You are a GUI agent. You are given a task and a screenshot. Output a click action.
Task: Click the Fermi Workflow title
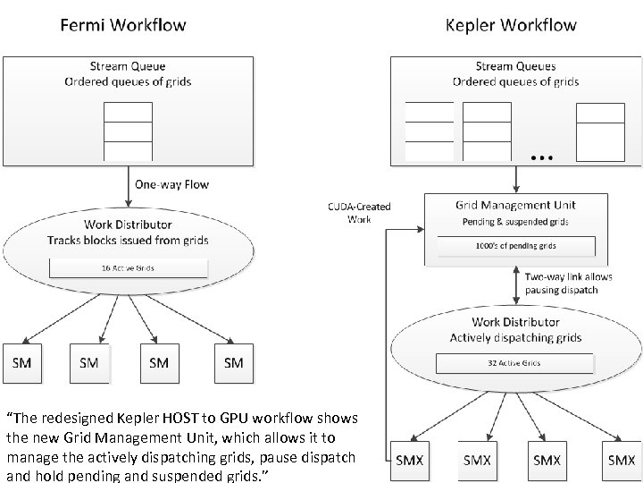point(123,24)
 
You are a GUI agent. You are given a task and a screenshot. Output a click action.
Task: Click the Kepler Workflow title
point(511,24)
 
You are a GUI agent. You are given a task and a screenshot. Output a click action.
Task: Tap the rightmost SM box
point(234,362)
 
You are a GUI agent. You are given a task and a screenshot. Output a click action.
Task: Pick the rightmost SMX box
point(622,460)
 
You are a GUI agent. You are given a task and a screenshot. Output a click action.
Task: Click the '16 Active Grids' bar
point(128,267)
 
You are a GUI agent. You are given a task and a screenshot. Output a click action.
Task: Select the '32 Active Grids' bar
point(514,363)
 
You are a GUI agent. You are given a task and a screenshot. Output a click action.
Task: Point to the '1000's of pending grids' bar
point(515,245)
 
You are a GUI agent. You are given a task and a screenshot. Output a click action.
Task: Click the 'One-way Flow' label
point(171,185)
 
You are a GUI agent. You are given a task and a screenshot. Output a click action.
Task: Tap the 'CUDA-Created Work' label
point(360,213)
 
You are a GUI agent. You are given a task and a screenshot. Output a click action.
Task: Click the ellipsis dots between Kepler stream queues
point(541,157)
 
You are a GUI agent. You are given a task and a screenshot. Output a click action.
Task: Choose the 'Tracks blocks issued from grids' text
point(128,239)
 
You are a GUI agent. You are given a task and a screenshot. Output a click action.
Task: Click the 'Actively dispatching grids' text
point(515,337)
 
